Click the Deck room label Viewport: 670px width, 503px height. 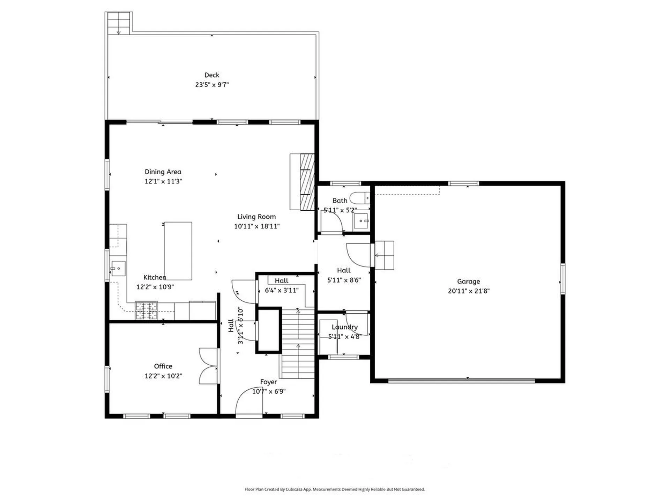pos(212,75)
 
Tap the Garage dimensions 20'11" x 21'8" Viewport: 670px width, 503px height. pos(469,291)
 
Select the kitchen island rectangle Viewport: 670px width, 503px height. pos(178,251)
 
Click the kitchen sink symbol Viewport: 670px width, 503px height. pos(118,269)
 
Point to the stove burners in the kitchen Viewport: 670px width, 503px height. pos(147,311)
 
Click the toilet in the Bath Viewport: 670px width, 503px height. pos(360,198)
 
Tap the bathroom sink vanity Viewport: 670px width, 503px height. pos(361,221)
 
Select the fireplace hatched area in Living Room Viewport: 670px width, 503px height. pos(307,182)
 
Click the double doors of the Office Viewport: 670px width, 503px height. pos(208,366)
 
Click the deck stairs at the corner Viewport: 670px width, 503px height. pos(119,23)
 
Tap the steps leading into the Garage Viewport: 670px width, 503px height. pos(384,255)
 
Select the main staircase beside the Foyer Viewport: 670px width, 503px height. pos(298,344)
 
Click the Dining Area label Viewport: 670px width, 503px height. pos(163,172)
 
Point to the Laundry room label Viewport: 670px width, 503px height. pos(344,327)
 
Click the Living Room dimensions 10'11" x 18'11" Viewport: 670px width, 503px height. pos(256,226)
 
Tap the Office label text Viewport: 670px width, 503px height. pos(163,366)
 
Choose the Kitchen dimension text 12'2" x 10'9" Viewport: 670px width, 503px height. pos(155,287)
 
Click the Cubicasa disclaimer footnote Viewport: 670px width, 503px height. pos(335,489)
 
